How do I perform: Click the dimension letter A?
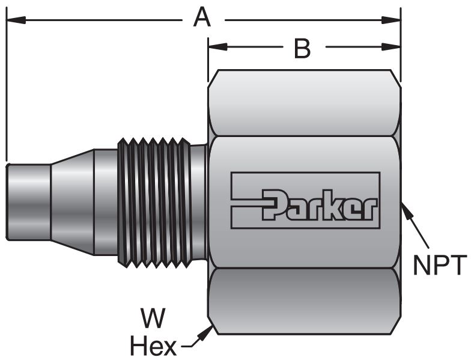(x=202, y=18)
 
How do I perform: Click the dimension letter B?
(x=302, y=48)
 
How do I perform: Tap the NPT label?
(x=440, y=264)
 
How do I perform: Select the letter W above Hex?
(x=153, y=319)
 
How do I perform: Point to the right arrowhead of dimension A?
(x=391, y=20)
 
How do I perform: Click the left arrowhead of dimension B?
(x=217, y=47)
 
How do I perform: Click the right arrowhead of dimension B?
(x=391, y=47)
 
